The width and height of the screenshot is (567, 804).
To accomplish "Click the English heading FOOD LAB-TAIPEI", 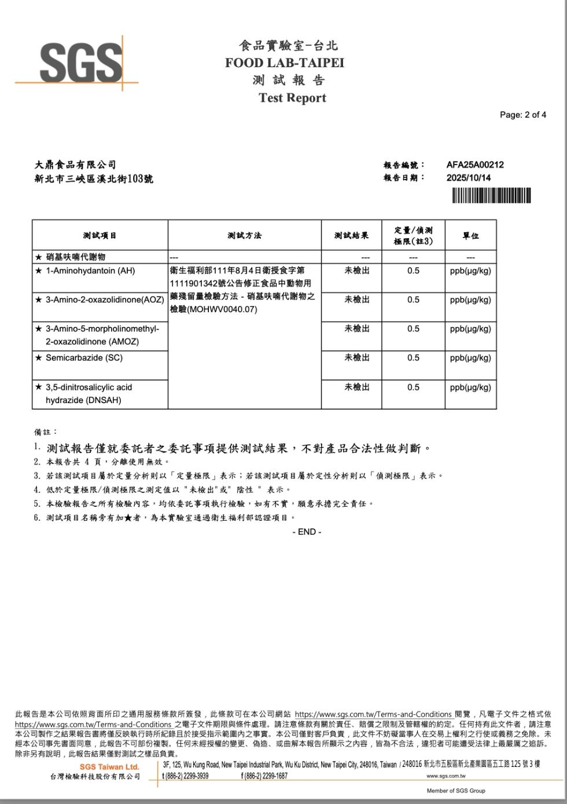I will click(x=285, y=63).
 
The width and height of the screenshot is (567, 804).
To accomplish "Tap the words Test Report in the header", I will click(x=292, y=98).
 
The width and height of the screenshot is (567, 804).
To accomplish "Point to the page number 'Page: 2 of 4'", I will click(x=522, y=115).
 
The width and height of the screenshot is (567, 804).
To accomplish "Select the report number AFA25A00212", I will click(x=474, y=165).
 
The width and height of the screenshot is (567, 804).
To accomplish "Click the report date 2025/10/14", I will click(x=468, y=178).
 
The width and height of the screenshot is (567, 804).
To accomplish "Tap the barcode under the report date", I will click(x=491, y=196).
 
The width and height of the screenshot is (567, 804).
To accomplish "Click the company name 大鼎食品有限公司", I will click(x=75, y=165).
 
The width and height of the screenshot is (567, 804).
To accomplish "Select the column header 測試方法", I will click(x=244, y=235).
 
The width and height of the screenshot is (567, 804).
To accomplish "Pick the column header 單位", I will click(x=470, y=236).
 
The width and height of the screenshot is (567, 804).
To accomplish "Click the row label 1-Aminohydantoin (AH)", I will click(x=90, y=271).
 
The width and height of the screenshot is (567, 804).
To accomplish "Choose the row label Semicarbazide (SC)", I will click(x=84, y=358).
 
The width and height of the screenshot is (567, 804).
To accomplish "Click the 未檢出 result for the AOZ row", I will click(x=357, y=299).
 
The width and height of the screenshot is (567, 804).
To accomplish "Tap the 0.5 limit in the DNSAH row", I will click(x=413, y=387).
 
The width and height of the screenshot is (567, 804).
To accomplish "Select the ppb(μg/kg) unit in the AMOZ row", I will click(x=470, y=329).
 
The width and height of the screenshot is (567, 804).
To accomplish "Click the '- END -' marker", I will click(x=307, y=532).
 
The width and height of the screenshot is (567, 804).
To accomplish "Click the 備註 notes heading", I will click(x=46, y=432).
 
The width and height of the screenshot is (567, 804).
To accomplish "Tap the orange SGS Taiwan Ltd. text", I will click(x=109, y=767).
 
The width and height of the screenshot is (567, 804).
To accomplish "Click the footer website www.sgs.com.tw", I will click(x=446, y=776).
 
